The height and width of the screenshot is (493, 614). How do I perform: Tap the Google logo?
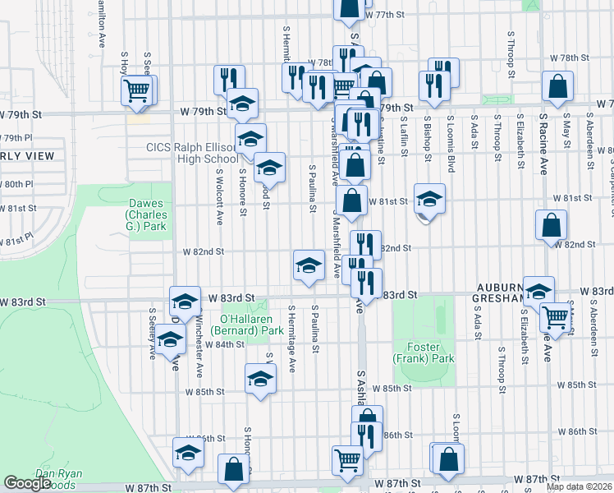27,483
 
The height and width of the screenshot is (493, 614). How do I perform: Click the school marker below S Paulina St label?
309,265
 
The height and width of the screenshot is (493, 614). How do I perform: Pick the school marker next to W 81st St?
428,200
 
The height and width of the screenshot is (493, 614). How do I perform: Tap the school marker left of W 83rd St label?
186,301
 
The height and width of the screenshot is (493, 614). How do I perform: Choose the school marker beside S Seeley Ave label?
170,338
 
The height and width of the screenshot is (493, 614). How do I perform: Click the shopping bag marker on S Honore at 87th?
234,469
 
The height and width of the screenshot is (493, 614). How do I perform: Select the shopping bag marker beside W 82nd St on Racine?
551,223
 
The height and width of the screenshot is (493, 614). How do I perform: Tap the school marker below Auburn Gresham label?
538,291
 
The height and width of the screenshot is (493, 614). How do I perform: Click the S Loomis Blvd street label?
451,143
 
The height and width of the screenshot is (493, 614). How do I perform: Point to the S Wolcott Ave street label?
220,197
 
